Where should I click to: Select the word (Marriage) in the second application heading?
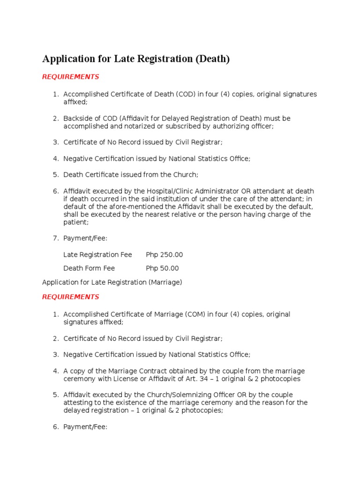pyautogui.click(x=165, y=282)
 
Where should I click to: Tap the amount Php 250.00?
pyautogui.click(x=165, y=255)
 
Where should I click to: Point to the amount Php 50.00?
pyautogui.click(x=162, y=269)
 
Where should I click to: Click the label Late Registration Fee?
pyautogui.click(x=97, y=255)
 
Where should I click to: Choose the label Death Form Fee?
pyautogui.click(x=89, y=269)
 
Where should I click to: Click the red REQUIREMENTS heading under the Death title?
pyautogui.click(x=70, y=77)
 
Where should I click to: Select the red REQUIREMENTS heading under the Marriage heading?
pyautogui.click(x=70, y=297)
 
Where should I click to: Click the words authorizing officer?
pyautogui.click(x=244, y=126)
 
